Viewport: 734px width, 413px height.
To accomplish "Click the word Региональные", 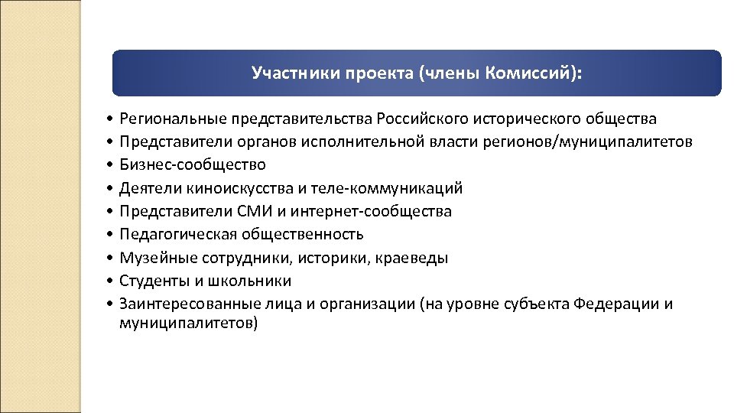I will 166,119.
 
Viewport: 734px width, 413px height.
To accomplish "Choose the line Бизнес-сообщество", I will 193,165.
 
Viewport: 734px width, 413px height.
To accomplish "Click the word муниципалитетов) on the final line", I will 189,324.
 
